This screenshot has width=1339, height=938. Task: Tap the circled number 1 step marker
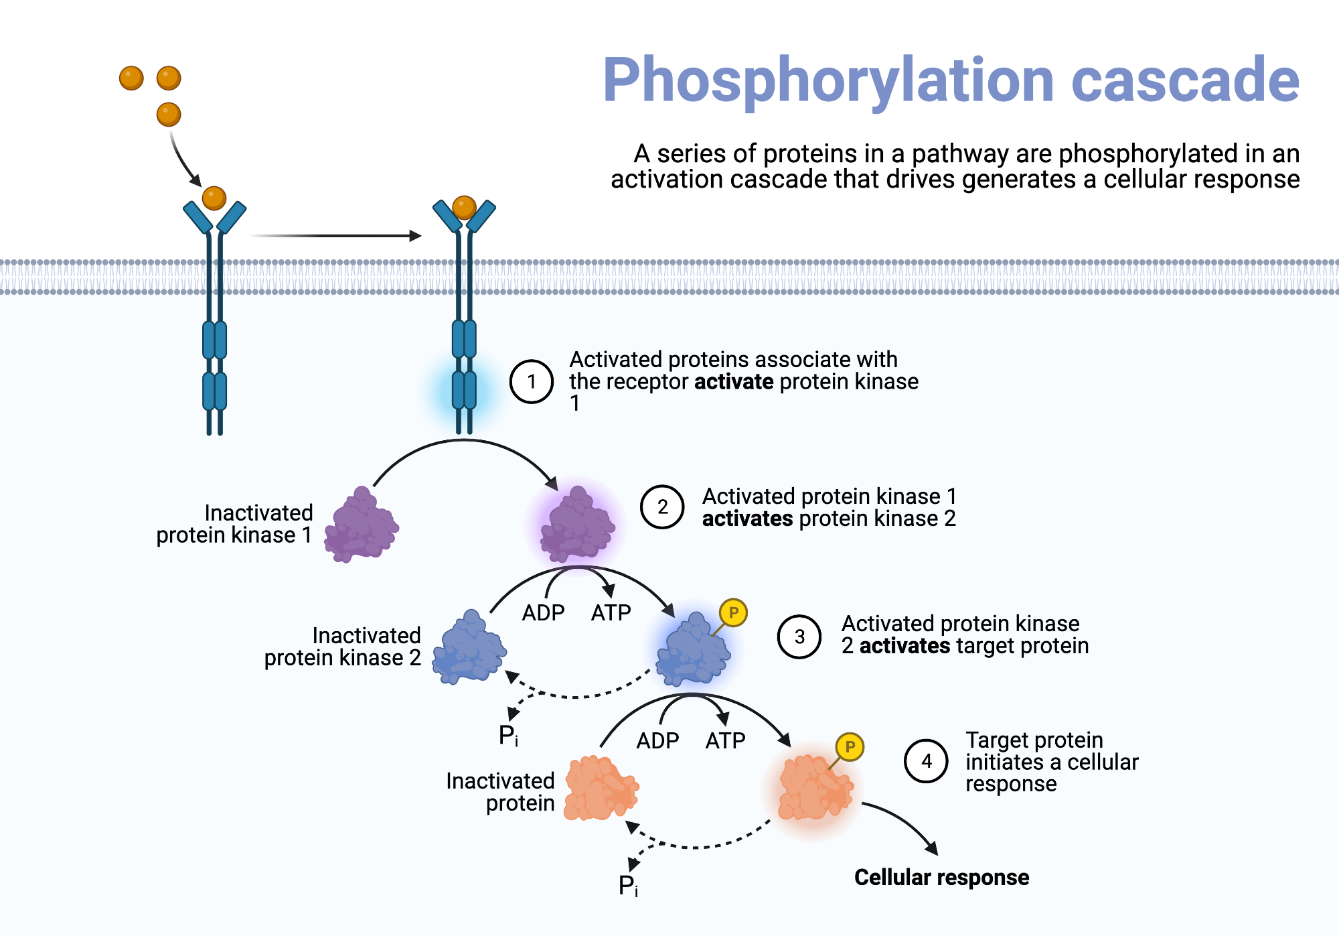tap(532, 381)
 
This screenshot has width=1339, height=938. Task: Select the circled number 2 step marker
tap(662, 507)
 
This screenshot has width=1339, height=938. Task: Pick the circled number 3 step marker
tap(799, 636)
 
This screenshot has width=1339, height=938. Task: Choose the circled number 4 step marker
tap(927, 761)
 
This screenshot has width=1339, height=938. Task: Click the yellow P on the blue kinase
tap(734, 612)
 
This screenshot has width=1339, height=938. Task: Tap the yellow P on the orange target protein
tap(850, 746)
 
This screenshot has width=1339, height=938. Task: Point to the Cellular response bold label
tap(941, 878)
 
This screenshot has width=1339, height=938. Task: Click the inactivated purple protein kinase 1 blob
tap(362, 526)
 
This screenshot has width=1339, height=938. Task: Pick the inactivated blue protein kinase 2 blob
tap(469, 648)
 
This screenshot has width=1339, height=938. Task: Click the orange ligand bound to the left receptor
tap(214, 198)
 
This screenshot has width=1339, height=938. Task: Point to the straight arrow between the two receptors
tap(335, 236)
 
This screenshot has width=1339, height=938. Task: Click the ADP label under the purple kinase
tap(543, 612)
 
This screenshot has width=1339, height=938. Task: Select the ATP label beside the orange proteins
tap(725, 741)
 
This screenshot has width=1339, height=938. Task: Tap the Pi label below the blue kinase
tap(508, 736)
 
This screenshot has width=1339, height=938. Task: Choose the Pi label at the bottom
tap(628, 886)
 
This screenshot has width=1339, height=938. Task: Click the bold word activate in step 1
tap(734, 382)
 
